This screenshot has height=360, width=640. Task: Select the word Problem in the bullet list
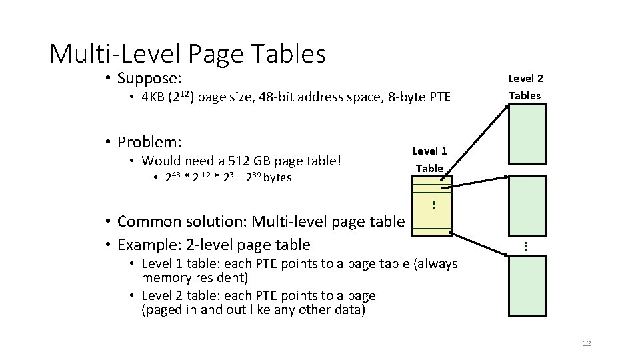click(x=150, y=142)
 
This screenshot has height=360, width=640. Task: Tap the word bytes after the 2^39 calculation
click(x=278, y=178)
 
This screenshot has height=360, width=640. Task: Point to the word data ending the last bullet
click(x=351, y=311)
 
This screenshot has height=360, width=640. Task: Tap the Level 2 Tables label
click(x=525, y=87)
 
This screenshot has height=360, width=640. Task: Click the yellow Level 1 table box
click(x=431, y=206)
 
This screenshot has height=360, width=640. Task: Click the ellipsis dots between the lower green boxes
click(x=526, y=246)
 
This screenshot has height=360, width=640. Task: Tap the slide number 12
click(x=587, y=343)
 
